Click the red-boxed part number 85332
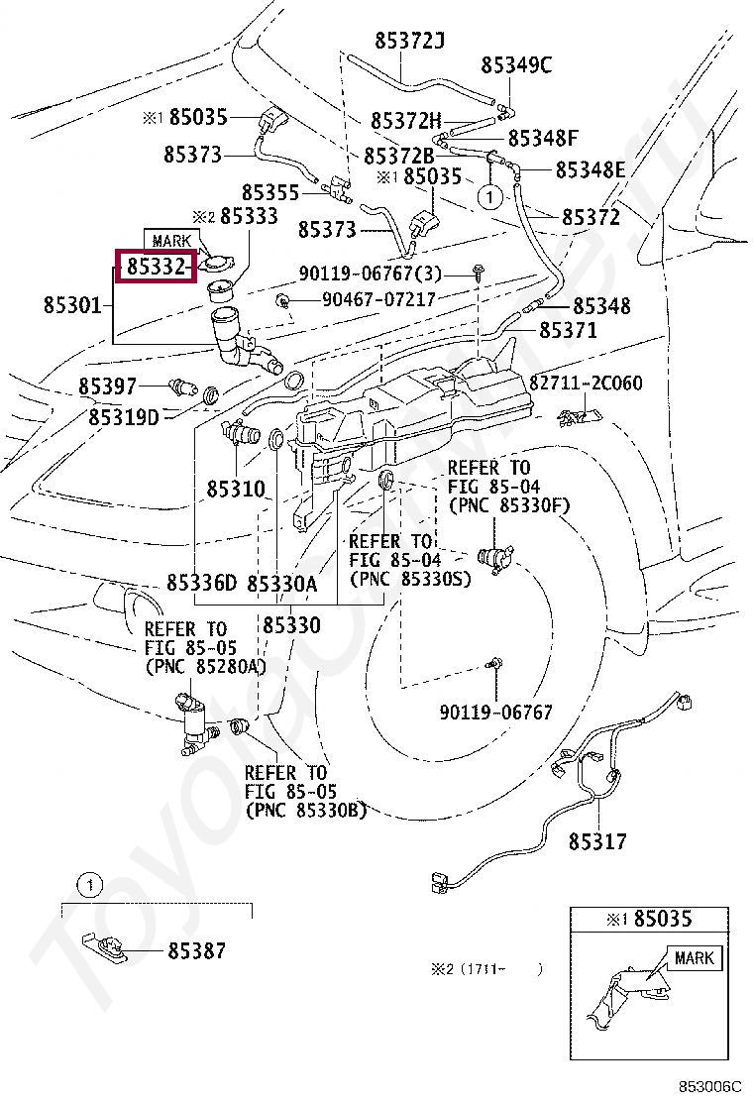[155, 266]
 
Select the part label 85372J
[409, 41]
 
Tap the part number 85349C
[515, 65]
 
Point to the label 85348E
[590, 169]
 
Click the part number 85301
[72, 305]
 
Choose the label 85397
[107, 385]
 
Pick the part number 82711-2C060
[585, 383]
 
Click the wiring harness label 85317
[597, 841]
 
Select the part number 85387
[196, 951]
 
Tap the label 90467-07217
[377, 298]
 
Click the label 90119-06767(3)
[371, 274]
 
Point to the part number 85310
[236, 489]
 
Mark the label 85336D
[201, 583]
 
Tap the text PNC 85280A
[206, 666]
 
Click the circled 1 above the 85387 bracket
[88, 883]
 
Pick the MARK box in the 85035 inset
[694, 958]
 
